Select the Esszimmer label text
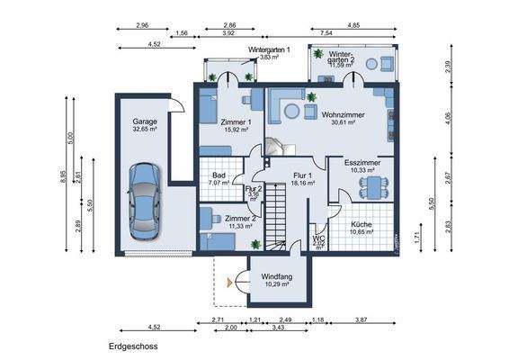(x=362, y=161)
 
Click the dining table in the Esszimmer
(x=370, y=186)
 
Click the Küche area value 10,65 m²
(x=361, y=231)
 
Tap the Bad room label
(x=219, y=175)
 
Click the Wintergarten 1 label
(x=268, y=50)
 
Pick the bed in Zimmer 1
(x=212, y=108)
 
